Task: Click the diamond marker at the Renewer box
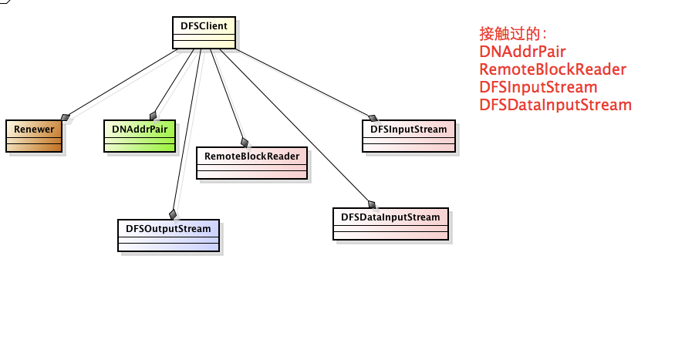[66, 117]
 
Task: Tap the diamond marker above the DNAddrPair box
[154, 116]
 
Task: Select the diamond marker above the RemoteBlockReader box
[245, 142]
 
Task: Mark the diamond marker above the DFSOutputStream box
[173, 214]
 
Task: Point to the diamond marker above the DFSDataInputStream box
[371, 204]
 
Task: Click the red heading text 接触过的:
[513, 34]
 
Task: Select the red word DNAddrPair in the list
[522, 52]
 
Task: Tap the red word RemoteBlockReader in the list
[552, 69]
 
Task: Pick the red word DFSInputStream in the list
[538, 87]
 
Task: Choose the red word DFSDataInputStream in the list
[555, 105]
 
